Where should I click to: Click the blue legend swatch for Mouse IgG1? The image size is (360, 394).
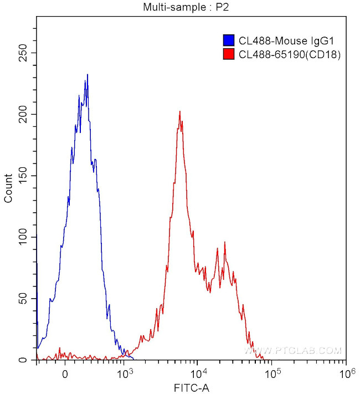click(228, 40)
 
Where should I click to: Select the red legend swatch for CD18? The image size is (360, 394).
click(228, 54)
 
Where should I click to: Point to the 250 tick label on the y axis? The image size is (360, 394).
click(23, 53)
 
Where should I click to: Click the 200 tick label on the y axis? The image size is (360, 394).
click(23, 115)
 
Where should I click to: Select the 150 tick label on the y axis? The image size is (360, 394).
click(23, 176)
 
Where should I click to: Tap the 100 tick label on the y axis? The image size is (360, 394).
click(23, 237)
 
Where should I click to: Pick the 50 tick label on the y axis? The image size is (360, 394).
click(25, 299)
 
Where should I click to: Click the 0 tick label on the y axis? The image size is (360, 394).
click(28, 360)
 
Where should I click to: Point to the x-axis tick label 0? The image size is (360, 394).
click(65, 373)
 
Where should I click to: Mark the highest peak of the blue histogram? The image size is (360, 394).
click(87, 75)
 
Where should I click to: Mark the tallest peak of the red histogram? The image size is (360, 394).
click(180, 111)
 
